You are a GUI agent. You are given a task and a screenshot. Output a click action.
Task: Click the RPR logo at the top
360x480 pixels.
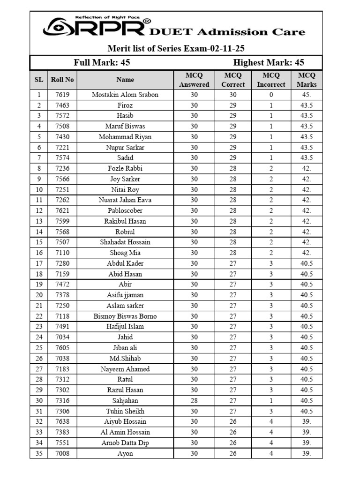(x=94, y=27)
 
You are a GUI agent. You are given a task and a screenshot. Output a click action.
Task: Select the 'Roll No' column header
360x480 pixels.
(x=62, y=80)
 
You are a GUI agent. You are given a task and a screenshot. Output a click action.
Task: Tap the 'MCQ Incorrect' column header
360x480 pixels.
(x=271, y=80)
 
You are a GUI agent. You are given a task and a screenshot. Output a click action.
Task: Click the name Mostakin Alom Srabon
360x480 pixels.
(x=125, y=95)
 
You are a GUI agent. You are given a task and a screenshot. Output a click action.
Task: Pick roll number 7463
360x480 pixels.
(x=62, y=105)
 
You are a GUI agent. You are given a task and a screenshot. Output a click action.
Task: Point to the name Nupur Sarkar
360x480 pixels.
(x=125, y=148)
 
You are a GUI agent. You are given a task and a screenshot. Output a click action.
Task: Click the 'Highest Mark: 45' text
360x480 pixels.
(x=269, y=63)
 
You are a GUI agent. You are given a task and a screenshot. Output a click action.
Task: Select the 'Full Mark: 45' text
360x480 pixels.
(x=102, y=63)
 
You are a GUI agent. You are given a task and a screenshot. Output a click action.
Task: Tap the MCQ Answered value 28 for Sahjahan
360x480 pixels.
(x=194, y=401)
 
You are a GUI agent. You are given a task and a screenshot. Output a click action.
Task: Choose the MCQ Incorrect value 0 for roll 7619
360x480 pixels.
(x=271, y=95)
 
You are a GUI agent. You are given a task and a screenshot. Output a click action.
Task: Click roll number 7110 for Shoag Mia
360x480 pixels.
(x=62, y=253)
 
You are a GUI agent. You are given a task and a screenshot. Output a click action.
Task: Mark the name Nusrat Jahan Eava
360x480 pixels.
(x=125, y=200)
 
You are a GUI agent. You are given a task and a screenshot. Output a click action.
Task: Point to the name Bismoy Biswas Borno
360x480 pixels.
(x=125, y=316)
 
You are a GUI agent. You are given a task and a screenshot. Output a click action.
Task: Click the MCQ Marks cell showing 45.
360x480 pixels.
(x=307, y=95)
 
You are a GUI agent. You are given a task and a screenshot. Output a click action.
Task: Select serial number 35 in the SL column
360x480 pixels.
(x=39, y=453)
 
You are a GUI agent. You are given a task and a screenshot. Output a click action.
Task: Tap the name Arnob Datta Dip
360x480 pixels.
(x=125, y=443)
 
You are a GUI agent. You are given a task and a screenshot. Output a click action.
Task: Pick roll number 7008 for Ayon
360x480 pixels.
(x=62, y=453)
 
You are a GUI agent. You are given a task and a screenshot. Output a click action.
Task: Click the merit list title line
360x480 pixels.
(x=176, y=48)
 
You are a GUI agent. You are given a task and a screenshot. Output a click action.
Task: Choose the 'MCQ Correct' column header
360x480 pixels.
(x=233, y=80)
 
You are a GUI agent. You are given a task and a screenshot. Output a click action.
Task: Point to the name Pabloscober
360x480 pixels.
(x=125, y=211)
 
